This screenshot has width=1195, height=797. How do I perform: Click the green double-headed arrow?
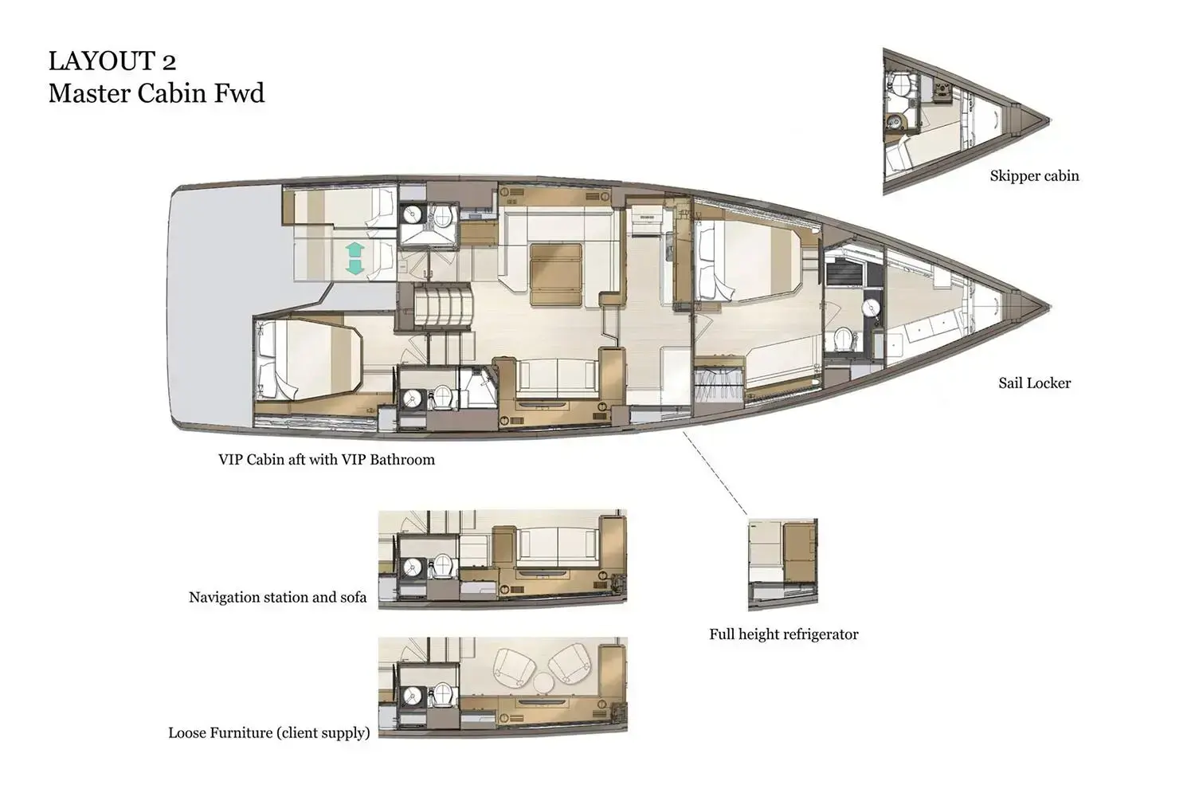(355, 260)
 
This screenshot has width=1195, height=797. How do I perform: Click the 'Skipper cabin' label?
(1034, 176)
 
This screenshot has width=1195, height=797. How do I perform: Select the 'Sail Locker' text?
(1034, 383)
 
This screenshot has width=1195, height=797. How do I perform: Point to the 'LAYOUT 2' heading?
(112, 61)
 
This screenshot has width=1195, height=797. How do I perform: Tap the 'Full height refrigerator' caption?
(783, 634)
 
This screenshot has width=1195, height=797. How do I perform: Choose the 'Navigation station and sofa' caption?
(277, 597)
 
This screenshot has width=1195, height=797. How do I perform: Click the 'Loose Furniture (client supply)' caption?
(268, 732)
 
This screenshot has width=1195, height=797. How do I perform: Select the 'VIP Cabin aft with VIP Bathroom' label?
(327, 460)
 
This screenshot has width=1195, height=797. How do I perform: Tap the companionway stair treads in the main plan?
(442, 305)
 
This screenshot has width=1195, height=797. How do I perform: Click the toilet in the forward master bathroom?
(842, 340)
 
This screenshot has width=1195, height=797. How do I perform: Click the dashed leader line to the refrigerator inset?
(715, 472)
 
